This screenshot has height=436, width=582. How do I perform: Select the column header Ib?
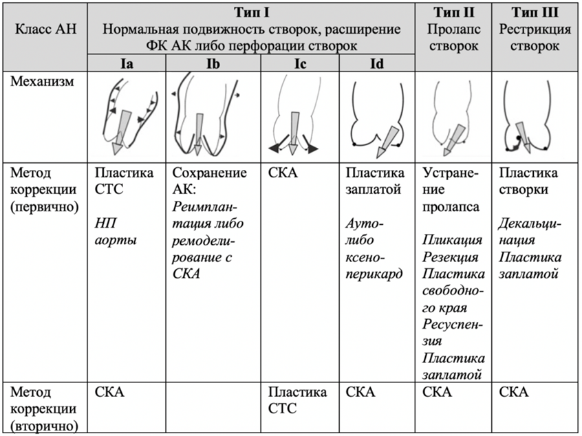212,63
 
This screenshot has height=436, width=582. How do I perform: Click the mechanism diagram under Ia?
127,116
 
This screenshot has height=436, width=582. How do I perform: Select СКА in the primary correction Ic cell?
283,172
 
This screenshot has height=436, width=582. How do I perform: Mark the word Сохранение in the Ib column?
208,172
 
